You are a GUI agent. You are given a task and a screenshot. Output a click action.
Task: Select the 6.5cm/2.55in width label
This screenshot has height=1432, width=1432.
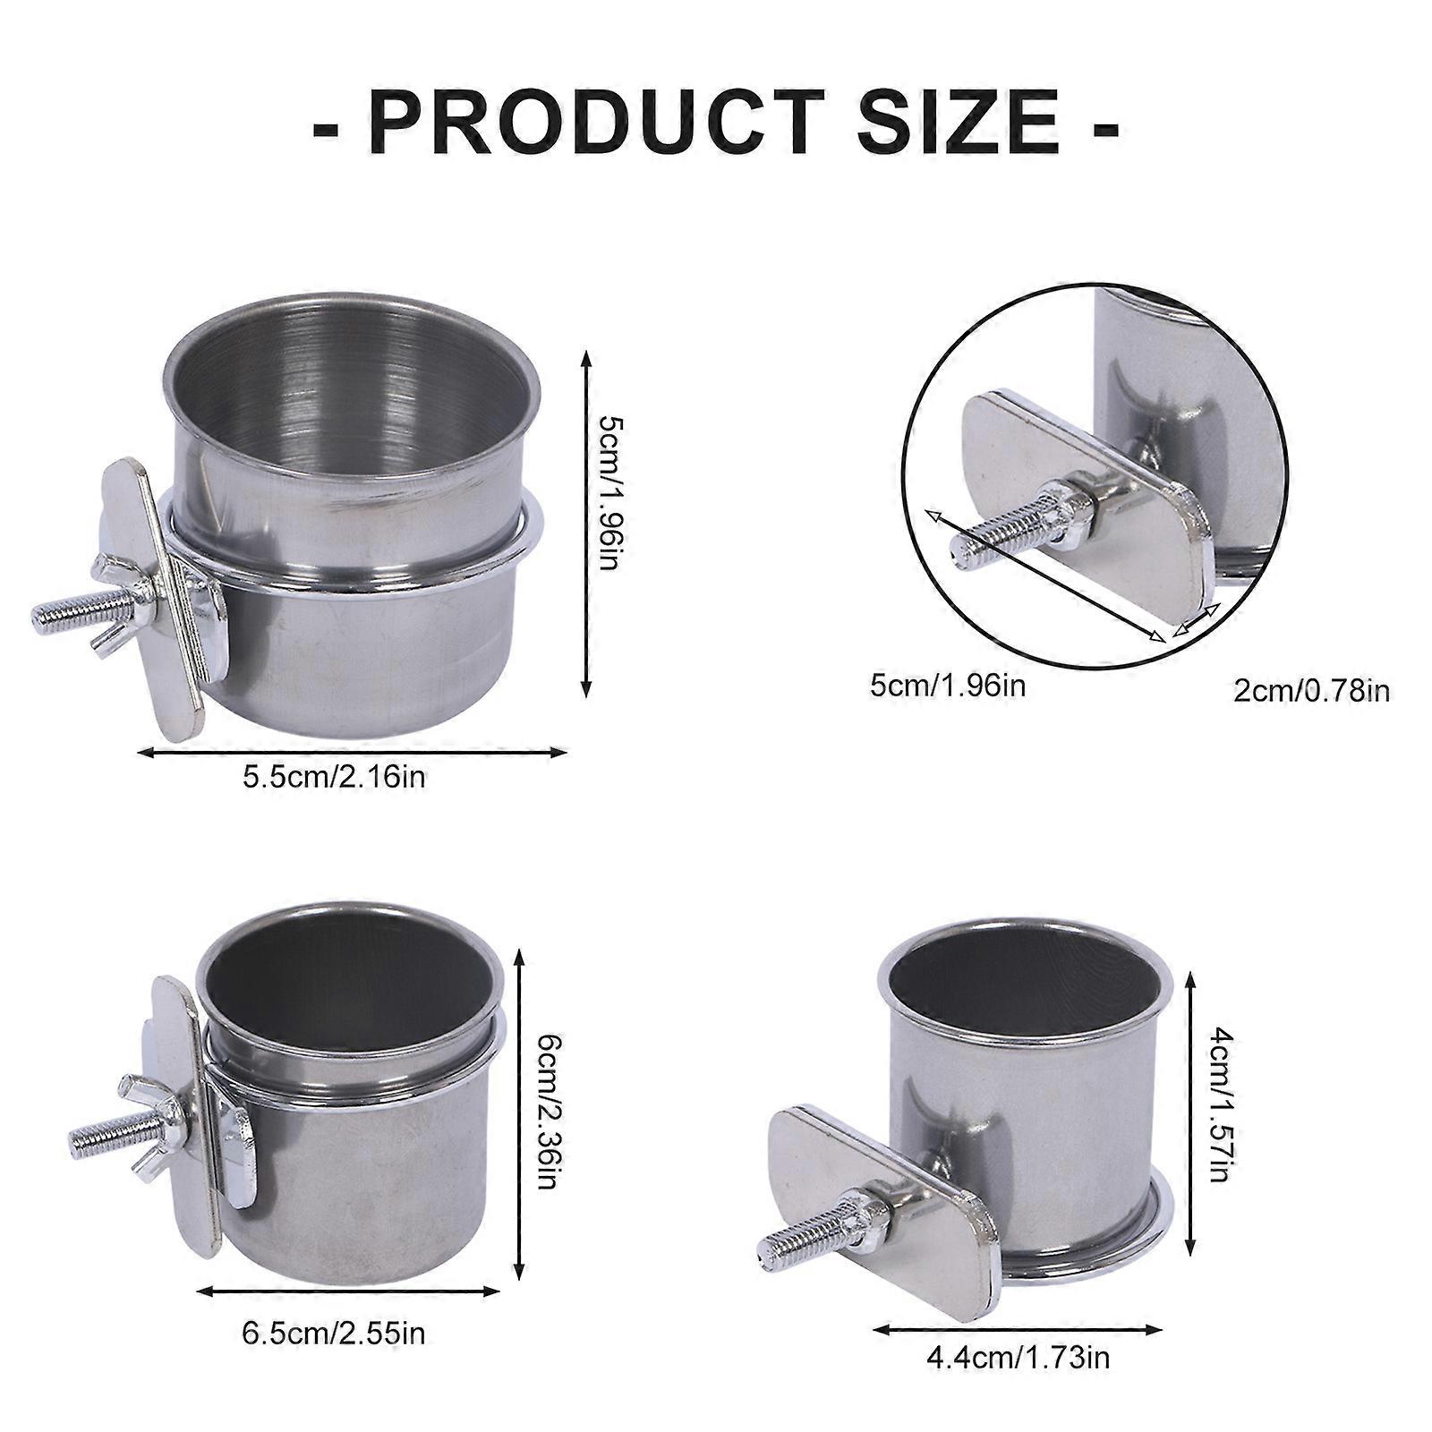coord(335,1333)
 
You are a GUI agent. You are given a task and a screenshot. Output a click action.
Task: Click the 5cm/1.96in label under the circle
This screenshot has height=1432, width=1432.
coord(948,686)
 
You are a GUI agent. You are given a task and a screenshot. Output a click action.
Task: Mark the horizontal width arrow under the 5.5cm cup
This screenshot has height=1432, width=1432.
coord(353,753)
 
